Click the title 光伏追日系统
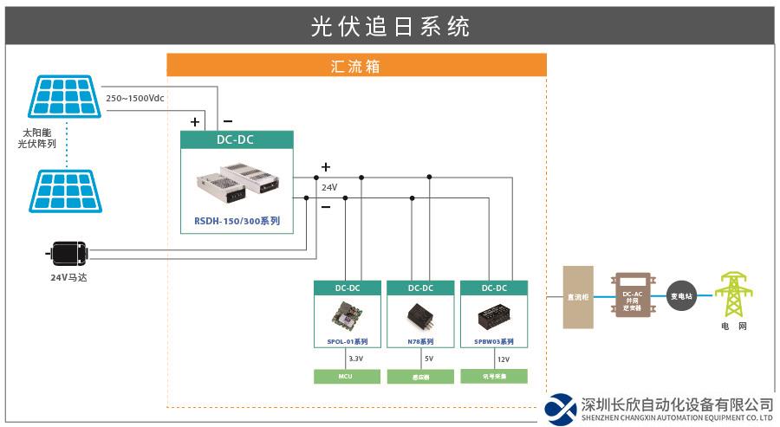pyautogui.click(x=390, y=26)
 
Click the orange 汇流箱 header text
pyautogui.click(x=356, y=66)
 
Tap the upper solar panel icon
pyautogui.click(x=65, y=96)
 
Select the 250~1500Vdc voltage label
pyautogui.click(x=135, y=98)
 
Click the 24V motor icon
pyautogui.click(x=67, y=253)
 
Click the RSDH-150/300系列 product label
pyautogui.click(x=237, y=222)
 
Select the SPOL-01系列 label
pyautogui.click(x=347, y=342)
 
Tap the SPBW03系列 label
pyautogui.click(x=494, y=342)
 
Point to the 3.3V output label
pyautogui.click(x=355, y=358)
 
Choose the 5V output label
pyautogui.click(x=429, y=358)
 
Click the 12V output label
pyautogui.click(x=503, y=358)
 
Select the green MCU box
pyautogui.click(x=346, y=376)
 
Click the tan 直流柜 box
pyautogui.click(x=578, y=297)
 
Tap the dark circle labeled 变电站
pyautogui.click(x=682, y=296)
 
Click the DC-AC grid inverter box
pyautogui.click(x=633, y=296)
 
